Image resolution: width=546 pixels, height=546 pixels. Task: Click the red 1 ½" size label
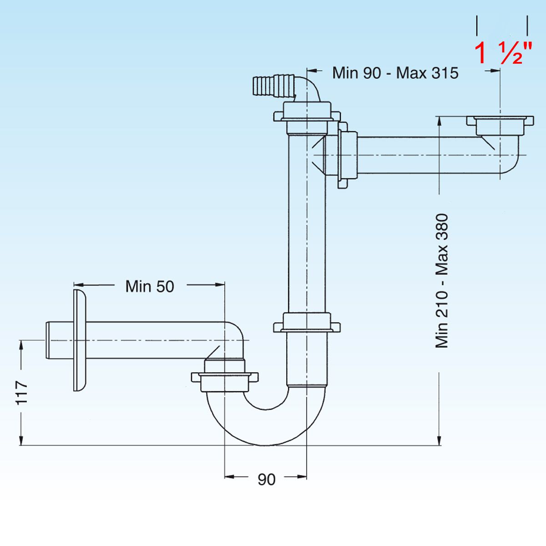click(x=503, y=53)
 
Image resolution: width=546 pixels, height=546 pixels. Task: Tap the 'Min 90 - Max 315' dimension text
click(x=395, y=73)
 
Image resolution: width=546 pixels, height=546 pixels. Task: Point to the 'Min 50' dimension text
click(x=150, y=286)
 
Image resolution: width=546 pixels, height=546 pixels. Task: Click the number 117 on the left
click(x=21, y=392)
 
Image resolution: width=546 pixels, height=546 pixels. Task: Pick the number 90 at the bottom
click(x=266, y=479)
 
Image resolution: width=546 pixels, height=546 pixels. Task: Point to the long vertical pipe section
click(x=307, y=227)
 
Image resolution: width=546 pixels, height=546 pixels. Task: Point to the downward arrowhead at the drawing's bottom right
click(x=440, y=439)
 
